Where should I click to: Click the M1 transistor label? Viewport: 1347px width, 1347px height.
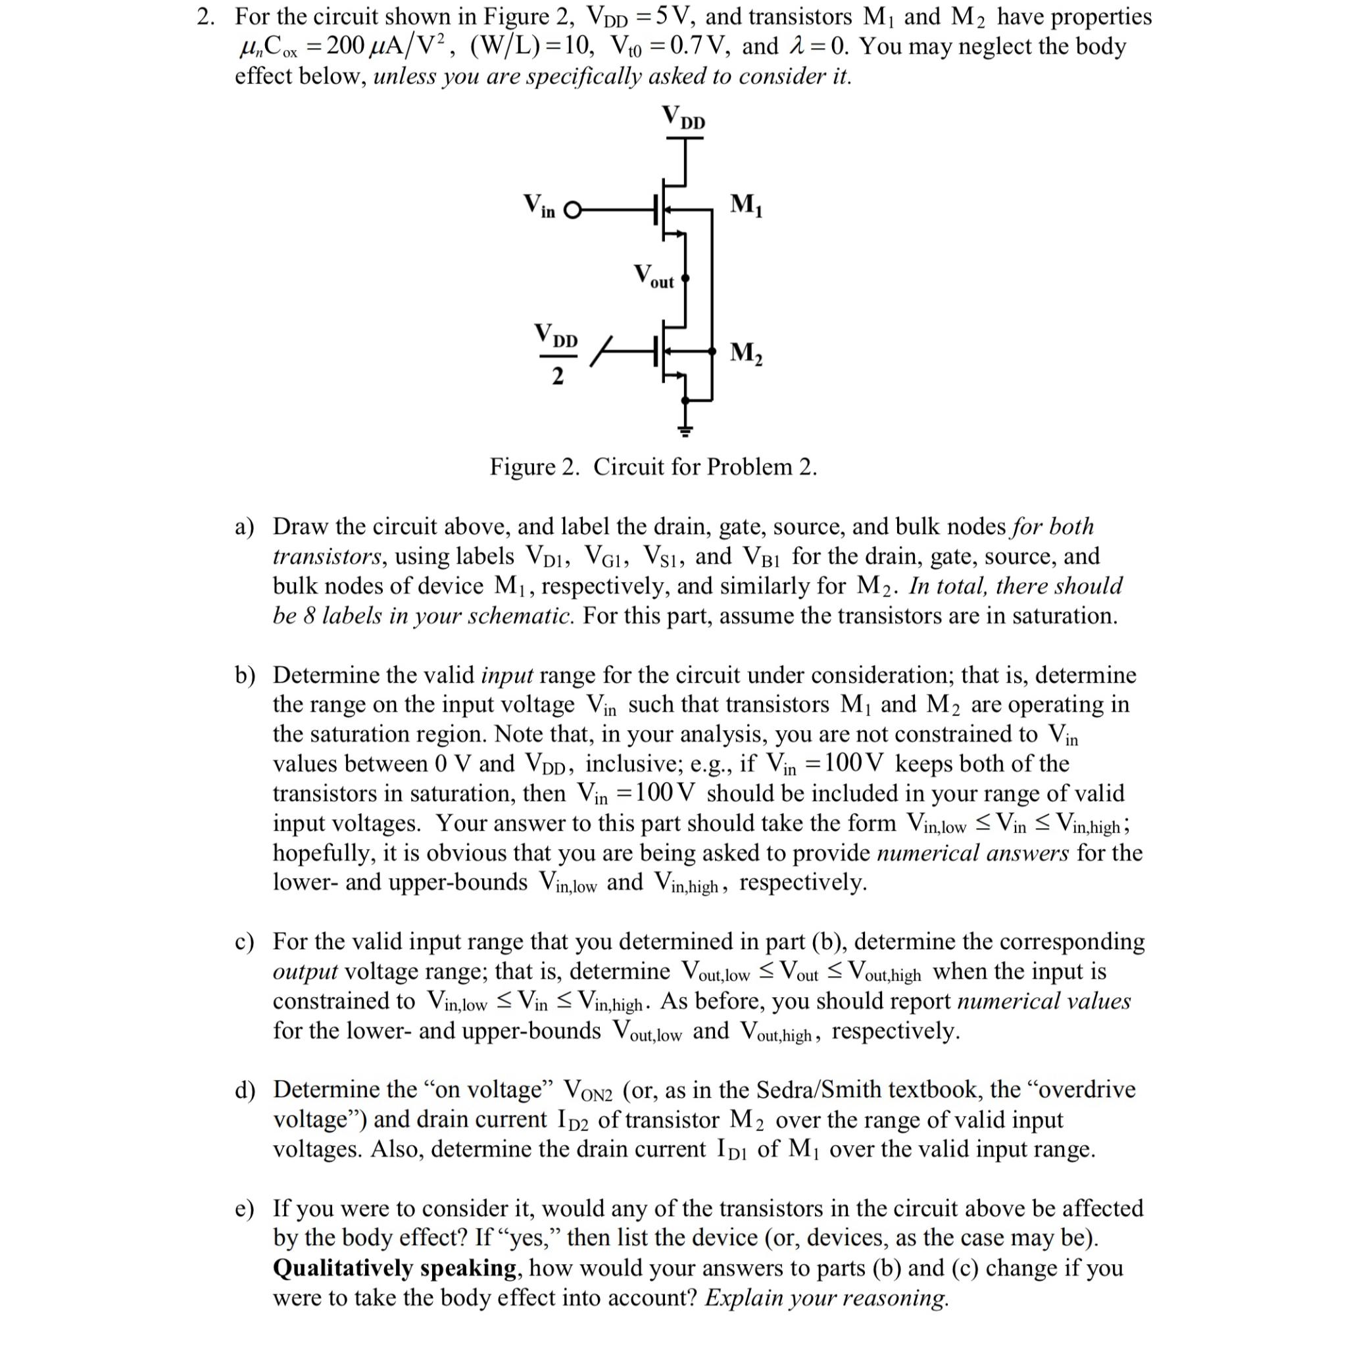tap(745, 205)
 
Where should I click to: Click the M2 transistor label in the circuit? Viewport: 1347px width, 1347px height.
tap(745, 353)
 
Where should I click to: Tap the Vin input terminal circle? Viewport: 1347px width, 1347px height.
tap(572, 210)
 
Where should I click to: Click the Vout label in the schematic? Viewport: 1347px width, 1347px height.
tap(653, 277)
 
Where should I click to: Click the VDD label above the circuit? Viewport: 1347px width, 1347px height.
tap(683, 117)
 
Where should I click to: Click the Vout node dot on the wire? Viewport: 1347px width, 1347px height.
tap(685, 279)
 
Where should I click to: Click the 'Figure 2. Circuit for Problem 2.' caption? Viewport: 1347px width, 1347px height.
tap(652, 466)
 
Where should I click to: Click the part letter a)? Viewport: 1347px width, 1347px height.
tap(245, 527)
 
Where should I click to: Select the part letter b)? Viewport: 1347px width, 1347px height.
tap(245, 675)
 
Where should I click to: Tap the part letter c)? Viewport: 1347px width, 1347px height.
tap(245, 942)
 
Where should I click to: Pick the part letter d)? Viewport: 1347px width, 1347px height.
tap(245, 1090)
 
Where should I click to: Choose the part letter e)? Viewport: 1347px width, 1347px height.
tap(245, 1208)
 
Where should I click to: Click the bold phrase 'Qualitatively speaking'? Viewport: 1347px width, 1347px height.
tap(395, 1267)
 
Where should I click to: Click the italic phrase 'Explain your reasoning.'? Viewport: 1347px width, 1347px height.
tap(827, 1298)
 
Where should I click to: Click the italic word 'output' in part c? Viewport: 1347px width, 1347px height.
tap(305, 972)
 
